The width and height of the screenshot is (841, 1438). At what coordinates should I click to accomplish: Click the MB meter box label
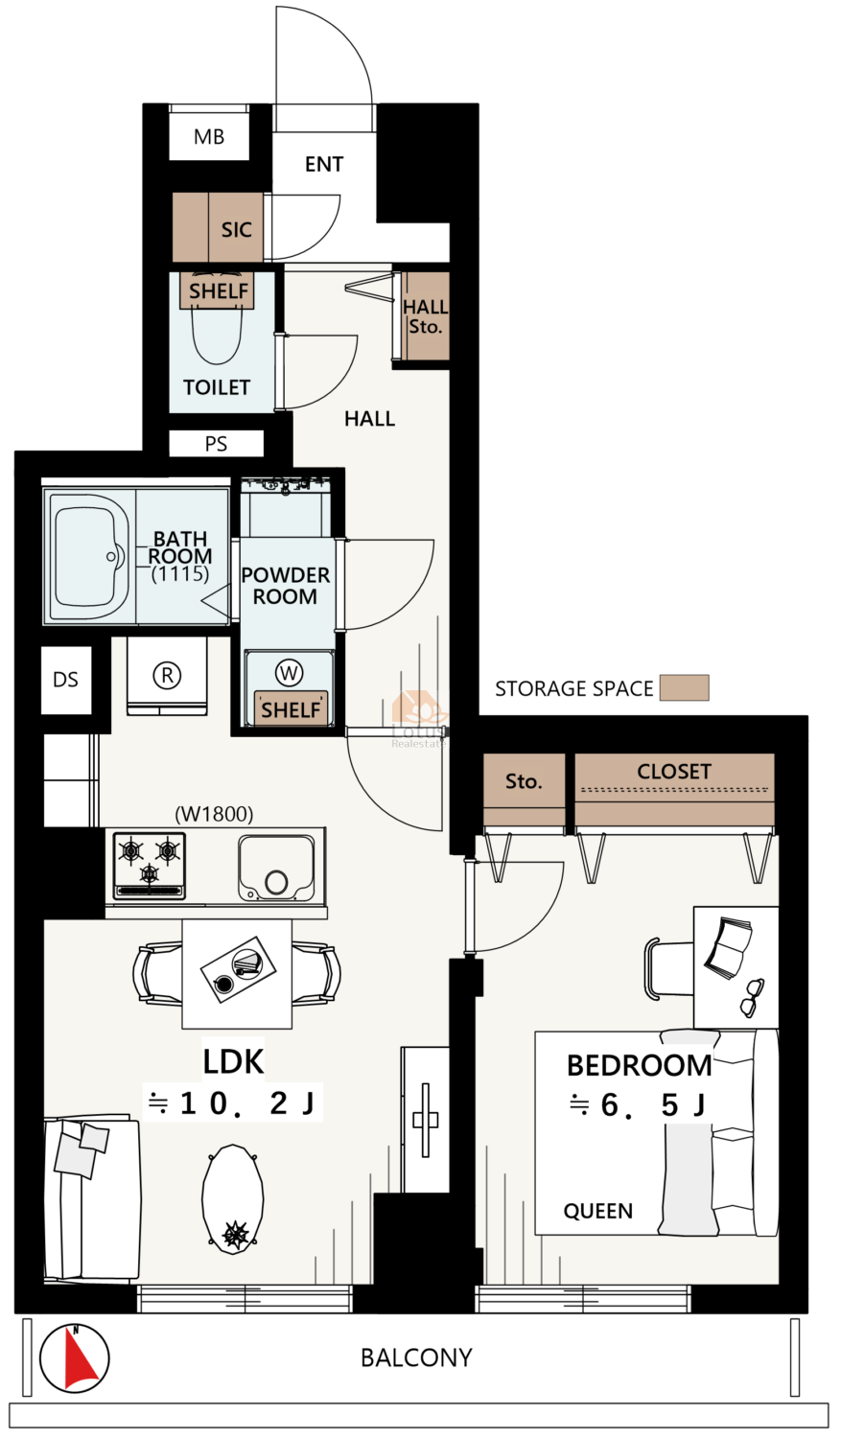[x=209, y=137]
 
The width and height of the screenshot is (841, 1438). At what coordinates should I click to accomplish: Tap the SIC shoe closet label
[x=236, y=230]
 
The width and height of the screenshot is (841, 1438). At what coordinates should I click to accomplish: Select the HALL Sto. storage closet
[x=425, y=315]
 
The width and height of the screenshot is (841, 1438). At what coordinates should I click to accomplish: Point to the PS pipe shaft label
[x=217, y=444]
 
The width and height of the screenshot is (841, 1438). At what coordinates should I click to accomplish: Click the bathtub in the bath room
[x=89, y=556]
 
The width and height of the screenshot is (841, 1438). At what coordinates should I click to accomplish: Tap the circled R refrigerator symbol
[x=167, y=675]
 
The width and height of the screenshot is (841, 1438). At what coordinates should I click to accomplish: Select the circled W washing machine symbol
[x=289, y=673]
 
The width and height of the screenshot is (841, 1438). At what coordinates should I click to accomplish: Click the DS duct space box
[x=65, y=680]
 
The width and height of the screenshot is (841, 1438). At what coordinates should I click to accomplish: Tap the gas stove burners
[x=150, y=865]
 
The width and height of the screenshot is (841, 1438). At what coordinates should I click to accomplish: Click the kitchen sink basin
[x=277, y=868]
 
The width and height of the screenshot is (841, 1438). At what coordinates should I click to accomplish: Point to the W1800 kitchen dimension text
[x=214, y=814]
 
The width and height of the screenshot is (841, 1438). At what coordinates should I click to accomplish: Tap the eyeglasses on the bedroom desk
[x=752, y=998]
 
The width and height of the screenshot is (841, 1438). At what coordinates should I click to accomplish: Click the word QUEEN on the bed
[x=597, y=1211]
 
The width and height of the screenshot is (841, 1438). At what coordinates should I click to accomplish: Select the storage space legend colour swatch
[x=685, y=687]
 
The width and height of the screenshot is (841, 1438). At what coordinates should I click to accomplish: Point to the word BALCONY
[x=416, y=1357]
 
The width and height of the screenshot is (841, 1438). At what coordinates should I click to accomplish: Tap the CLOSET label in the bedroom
[x=674, y=771]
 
